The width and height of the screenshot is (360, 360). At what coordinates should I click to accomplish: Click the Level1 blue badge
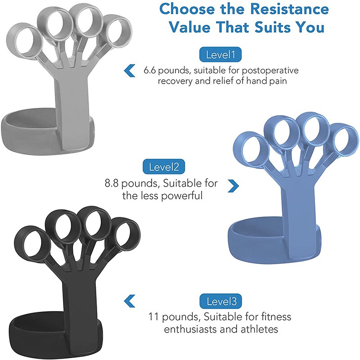point(220,55)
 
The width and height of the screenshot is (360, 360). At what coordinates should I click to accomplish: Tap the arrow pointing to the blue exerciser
point(233,185)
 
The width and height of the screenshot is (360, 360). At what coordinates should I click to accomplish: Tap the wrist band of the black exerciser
point(31,333)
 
